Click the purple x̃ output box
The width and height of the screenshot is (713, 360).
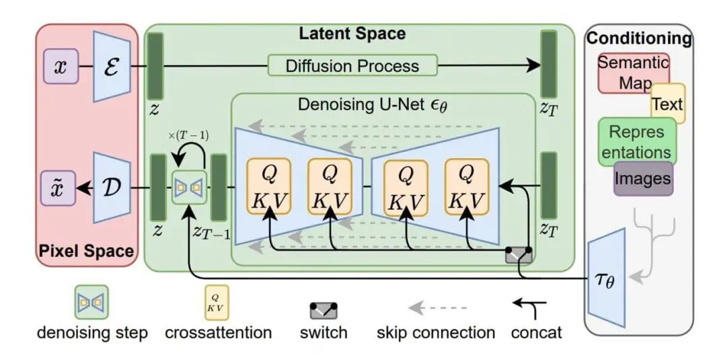[x=61, y=187]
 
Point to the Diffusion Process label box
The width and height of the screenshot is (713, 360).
[x=352, y=66]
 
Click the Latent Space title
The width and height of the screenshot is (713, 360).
[x=352, y=34]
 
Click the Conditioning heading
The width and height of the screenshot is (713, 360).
[x=638, y=38]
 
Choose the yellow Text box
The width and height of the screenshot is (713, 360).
[x=667, y=104]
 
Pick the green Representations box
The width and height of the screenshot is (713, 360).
[x=636, y=141]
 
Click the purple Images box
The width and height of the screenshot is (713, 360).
[x=644, y=178]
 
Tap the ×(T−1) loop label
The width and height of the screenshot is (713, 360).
[x=188, y=135]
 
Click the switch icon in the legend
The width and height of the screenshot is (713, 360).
[x=324, y=310]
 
